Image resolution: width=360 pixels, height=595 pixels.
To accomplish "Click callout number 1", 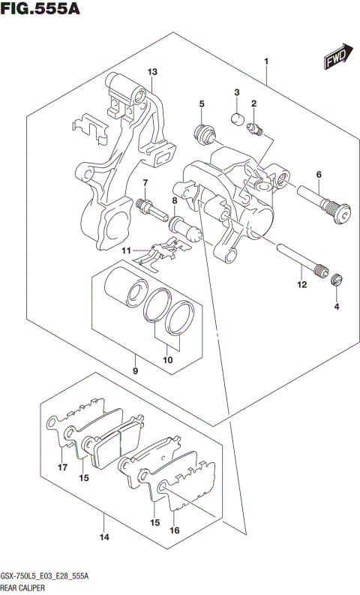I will click(x=266, y=61).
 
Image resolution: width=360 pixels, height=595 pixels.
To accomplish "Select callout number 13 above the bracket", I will click(x=151, y=72).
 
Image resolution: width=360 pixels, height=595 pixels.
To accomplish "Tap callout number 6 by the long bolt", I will click(x=319, y=175).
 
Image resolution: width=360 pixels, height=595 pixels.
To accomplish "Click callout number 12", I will click(x=301, y=284).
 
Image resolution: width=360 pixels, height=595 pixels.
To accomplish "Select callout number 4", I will click(x=337, y=307).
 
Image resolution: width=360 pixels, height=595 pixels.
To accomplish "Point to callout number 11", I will click(x=127, y=250).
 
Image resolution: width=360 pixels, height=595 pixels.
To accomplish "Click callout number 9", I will click(x=135, y=370).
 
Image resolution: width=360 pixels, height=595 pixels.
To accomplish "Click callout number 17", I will click(x=63, y=467).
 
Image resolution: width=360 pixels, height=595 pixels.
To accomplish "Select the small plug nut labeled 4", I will click(x=337, y=281).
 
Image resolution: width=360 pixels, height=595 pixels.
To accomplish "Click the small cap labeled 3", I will click(x=235, y=117).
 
